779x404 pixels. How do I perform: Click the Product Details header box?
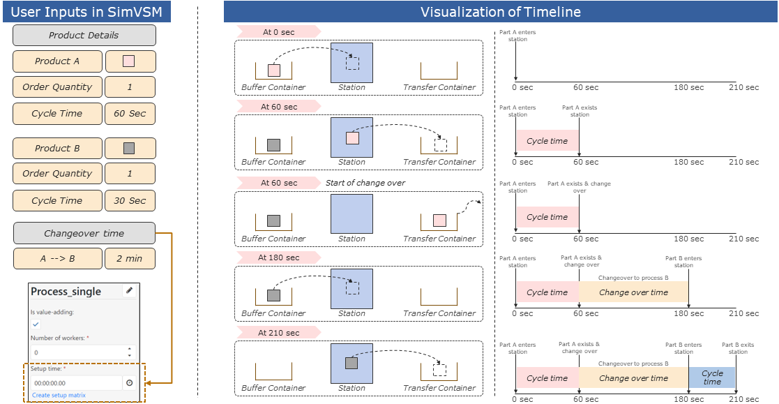coord(84,36)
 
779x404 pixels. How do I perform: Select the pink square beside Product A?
coord(129,61)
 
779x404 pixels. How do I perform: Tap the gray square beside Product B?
coord(129,149)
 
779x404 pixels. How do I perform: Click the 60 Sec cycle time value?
coord(130,114)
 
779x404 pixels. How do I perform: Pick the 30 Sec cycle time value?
coord(130,201)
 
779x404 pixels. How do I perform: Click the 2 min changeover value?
coord(130,259)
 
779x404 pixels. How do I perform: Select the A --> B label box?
coord(57,259)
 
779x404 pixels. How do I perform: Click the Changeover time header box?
coord(84,234)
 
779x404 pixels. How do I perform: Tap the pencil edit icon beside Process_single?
coord(129,290)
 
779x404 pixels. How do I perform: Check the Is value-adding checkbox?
coord(36,324)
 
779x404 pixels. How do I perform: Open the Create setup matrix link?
coord(59,395)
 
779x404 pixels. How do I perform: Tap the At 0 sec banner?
coord(278,31)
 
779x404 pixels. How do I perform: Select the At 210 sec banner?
coord(278,333)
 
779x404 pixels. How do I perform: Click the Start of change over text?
coord(365,183)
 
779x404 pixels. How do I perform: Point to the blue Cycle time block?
coord(711,377)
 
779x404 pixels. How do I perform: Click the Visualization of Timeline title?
coord(500,12)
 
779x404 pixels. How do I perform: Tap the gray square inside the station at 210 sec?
coord(351,363)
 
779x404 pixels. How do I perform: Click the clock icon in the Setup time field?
coord(129,383)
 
